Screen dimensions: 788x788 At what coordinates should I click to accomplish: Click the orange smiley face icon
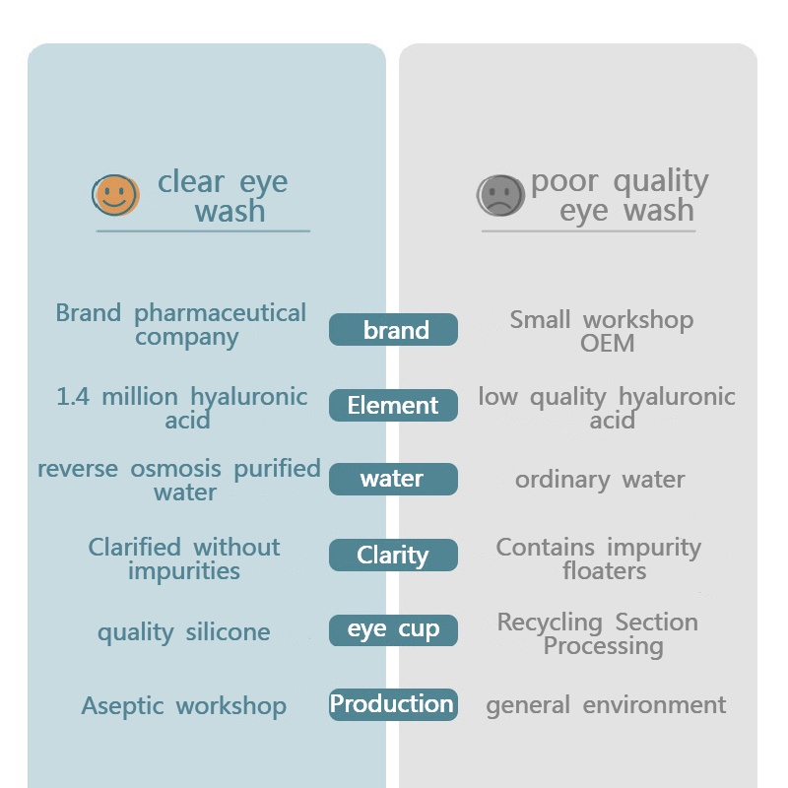pyautogui.click(x=116, y=195)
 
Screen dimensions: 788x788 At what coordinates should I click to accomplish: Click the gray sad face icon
pyautogui.click(x=500, y=195)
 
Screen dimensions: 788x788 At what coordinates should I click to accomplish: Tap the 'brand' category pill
pyautogui.click(x=394, y=330)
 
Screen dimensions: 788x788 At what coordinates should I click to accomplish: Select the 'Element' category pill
pyautogui.click(x=393, y=405)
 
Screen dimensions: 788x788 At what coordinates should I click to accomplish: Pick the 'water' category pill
pyautogui.click(x=393, y=479)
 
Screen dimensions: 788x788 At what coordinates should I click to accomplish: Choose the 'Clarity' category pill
pyautogui.click(x=393, y=555)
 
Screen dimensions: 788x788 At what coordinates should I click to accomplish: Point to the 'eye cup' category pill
pyautogui.click(x=393, y=629)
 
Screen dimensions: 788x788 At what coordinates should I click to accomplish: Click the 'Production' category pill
pyautogui.click(x=393, y=704)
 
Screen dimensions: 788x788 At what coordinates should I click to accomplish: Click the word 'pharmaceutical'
pyautogui.click(x=221, y=314)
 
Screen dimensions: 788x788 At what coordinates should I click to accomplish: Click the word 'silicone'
pyautogui.click(x=228, y=632)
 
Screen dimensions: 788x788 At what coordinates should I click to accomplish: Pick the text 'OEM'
pyautogui.click(x=607, y=344)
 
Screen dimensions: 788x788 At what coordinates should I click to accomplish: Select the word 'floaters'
pyautogui.click(x=604, y=570)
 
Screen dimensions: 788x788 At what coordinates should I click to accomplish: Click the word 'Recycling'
pyautogui.click(x=551, y=623)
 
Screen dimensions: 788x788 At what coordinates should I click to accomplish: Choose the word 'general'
pyautogui.click(x=528, y=706)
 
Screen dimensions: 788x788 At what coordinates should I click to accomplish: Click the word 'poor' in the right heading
pyautogui.click(x=565, y=182)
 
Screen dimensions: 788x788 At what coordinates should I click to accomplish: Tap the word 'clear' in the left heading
pyautogui.click(x=191, y=183)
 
